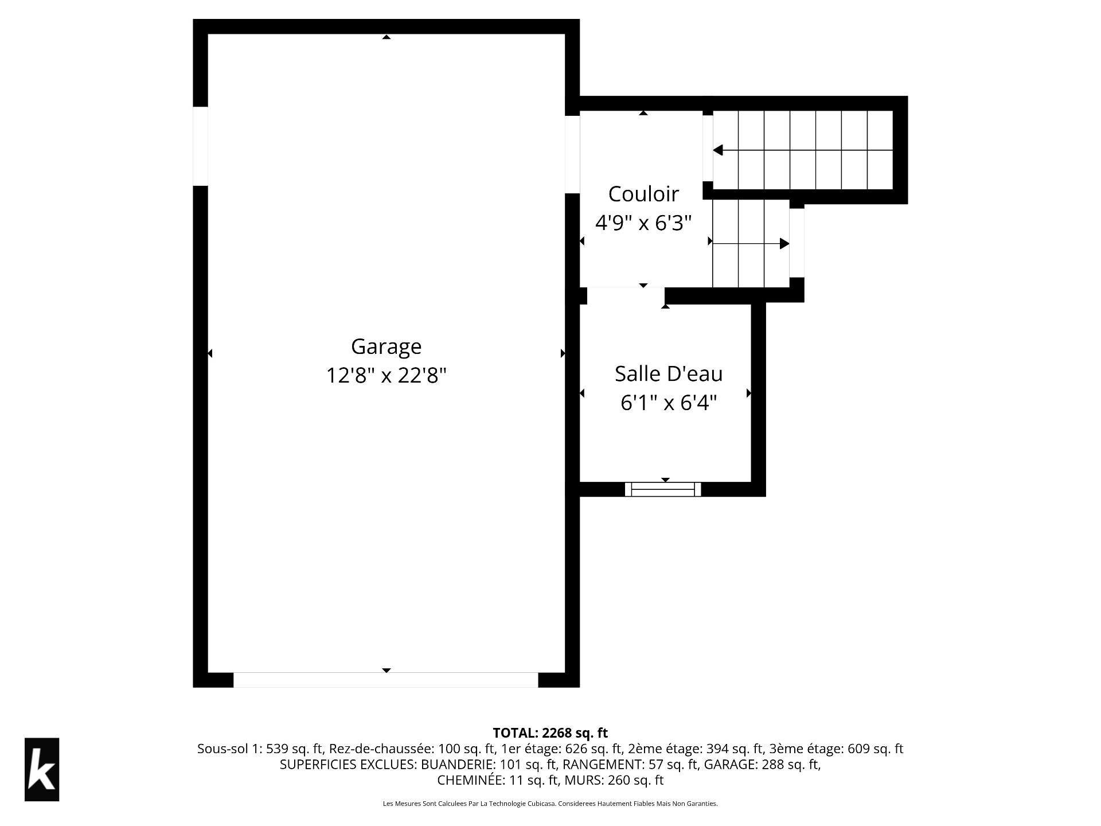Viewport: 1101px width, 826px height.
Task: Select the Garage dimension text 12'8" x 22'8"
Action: click(386, 376)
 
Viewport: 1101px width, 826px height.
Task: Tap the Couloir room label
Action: click(643, 194)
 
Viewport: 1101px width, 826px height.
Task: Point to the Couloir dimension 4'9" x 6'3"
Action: click(643, 223)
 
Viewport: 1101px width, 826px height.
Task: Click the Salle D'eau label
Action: click(669, 374)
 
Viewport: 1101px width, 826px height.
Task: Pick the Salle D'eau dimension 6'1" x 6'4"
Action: click(669, 403)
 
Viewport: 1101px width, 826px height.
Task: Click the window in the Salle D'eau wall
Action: click(663, 489)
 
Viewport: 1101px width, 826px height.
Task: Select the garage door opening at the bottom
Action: click(386, 680)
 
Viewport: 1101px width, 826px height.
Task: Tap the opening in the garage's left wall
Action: click(200, 146)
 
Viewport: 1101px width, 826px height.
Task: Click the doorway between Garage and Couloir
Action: click(572, 154)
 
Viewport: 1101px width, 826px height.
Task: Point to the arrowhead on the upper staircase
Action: click(718, 150)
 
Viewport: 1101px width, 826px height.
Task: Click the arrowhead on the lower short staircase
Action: click(784, 244)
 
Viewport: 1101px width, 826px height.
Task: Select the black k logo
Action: click(42, 769)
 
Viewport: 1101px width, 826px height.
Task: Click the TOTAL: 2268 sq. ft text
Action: click(550, 733)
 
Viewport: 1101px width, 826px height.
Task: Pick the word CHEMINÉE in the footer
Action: click(463, 781)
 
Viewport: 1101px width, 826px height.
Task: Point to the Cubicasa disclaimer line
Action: click(550, 804)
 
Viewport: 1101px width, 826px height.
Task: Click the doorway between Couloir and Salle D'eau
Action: click(626, 295)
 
